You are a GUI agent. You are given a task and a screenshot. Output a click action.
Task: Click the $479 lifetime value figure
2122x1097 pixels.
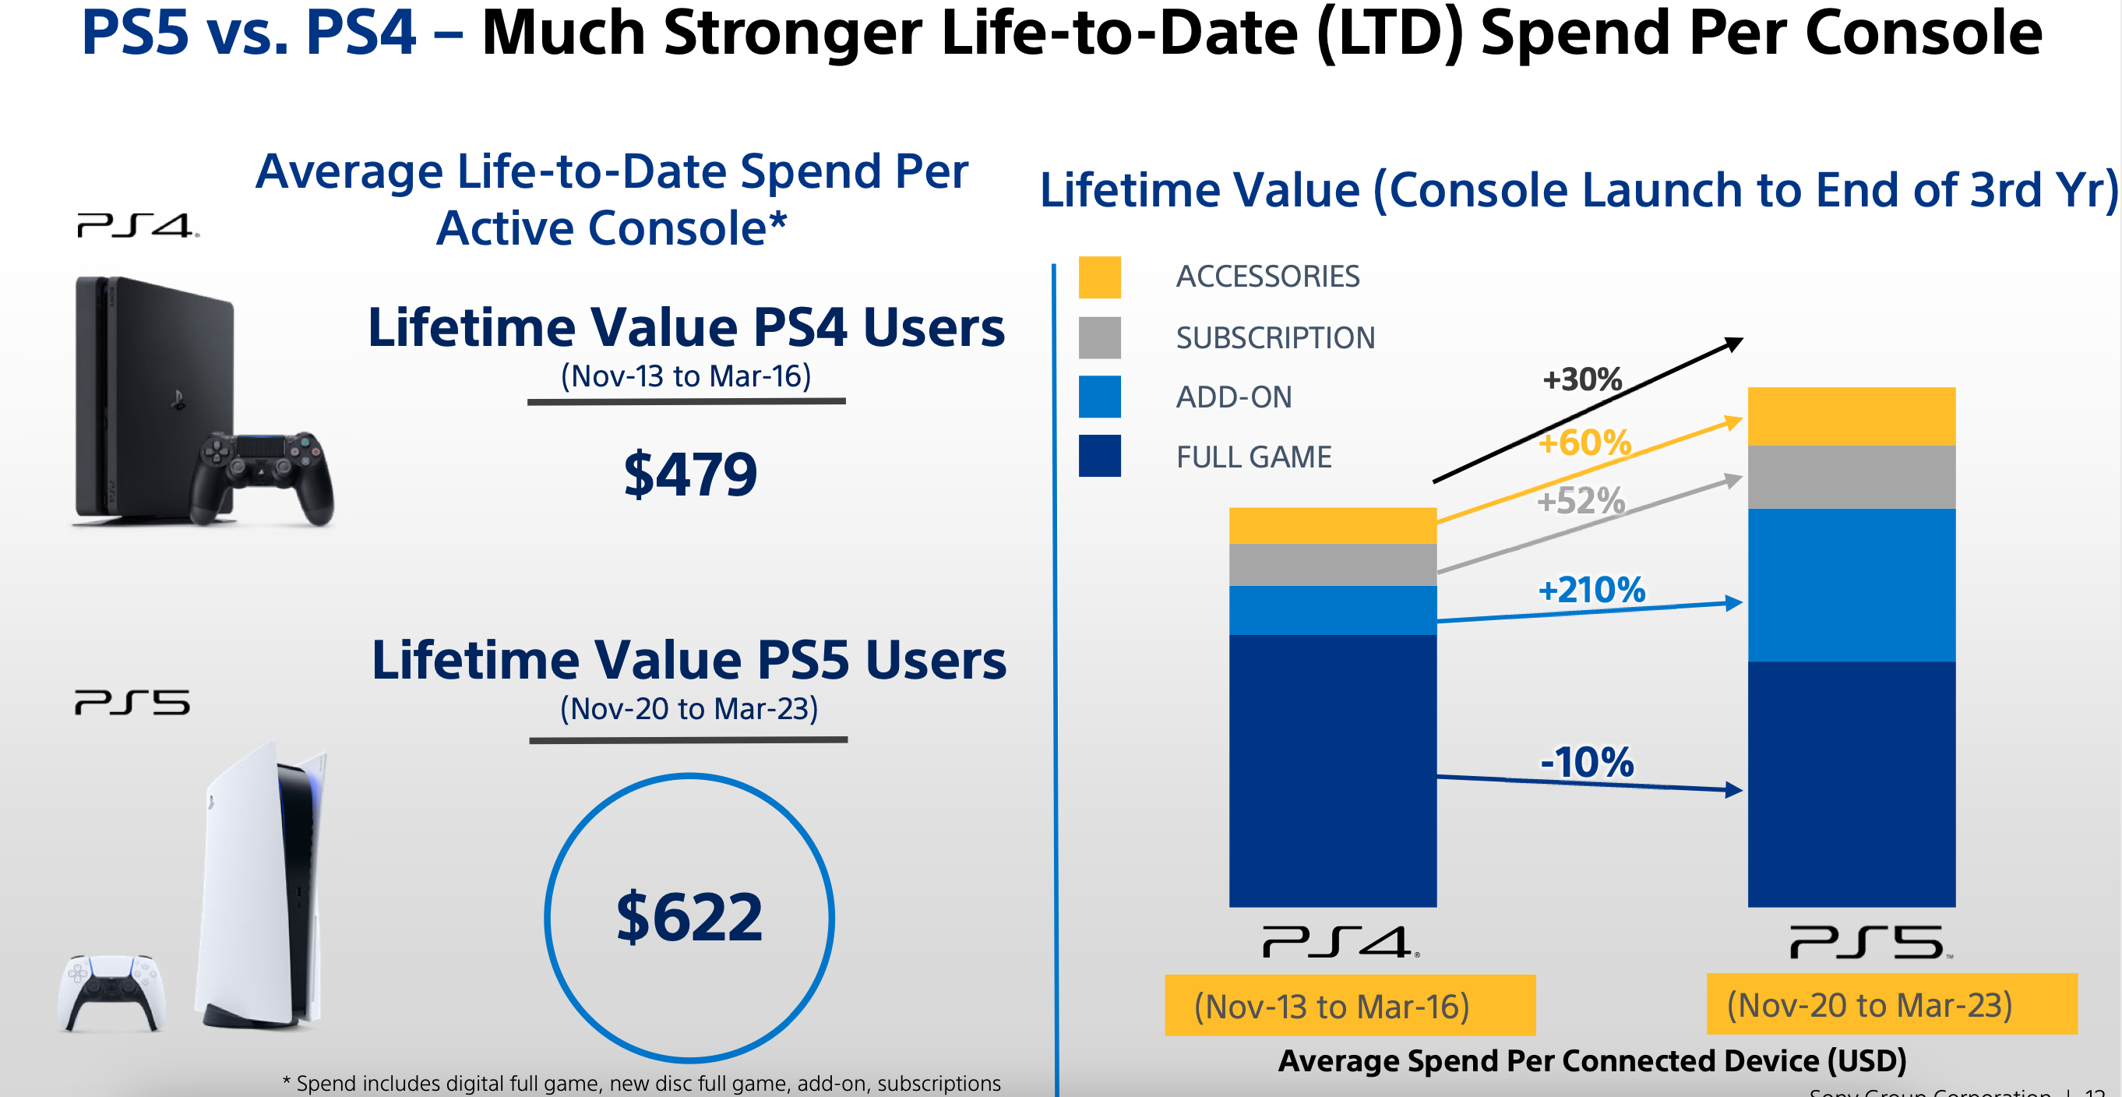tap(690, 475)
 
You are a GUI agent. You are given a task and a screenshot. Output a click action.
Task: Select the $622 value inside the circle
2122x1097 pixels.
tap(689, 917)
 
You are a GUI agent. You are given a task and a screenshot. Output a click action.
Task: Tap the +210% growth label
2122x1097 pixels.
tap(1591, 590)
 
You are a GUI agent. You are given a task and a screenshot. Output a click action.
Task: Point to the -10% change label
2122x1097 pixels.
tap(1587, 762)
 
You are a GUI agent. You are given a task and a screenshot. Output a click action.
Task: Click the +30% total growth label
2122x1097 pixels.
tap(1581, 379)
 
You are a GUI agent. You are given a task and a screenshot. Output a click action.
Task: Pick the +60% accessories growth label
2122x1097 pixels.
tap(1585, 443)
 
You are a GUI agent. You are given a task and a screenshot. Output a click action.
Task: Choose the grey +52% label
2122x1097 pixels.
tap(1581, 501)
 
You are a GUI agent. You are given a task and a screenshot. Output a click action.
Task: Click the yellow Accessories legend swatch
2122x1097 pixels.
tap(1100, 277)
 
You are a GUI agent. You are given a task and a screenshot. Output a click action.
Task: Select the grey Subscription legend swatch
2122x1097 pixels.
tap(1100, 337)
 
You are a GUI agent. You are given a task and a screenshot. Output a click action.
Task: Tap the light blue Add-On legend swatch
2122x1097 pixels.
tap(1100, 397)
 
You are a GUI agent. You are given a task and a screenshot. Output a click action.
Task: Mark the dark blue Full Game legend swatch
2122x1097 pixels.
tap(1100, 457)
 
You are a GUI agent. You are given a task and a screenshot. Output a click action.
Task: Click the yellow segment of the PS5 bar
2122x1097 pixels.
tap(1851, 416)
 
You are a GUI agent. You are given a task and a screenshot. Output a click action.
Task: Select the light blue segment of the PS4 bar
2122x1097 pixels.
tap(1332, 610)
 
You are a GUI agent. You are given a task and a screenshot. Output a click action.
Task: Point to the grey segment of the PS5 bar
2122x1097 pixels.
tap(1851, 477)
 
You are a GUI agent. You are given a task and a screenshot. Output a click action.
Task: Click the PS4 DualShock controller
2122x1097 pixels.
tap(262, 478)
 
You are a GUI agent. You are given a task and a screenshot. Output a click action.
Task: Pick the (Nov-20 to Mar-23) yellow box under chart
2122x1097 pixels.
tap(1891, 1005)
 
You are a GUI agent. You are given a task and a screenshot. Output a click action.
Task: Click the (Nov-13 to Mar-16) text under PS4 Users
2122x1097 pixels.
tap(686, 376)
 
